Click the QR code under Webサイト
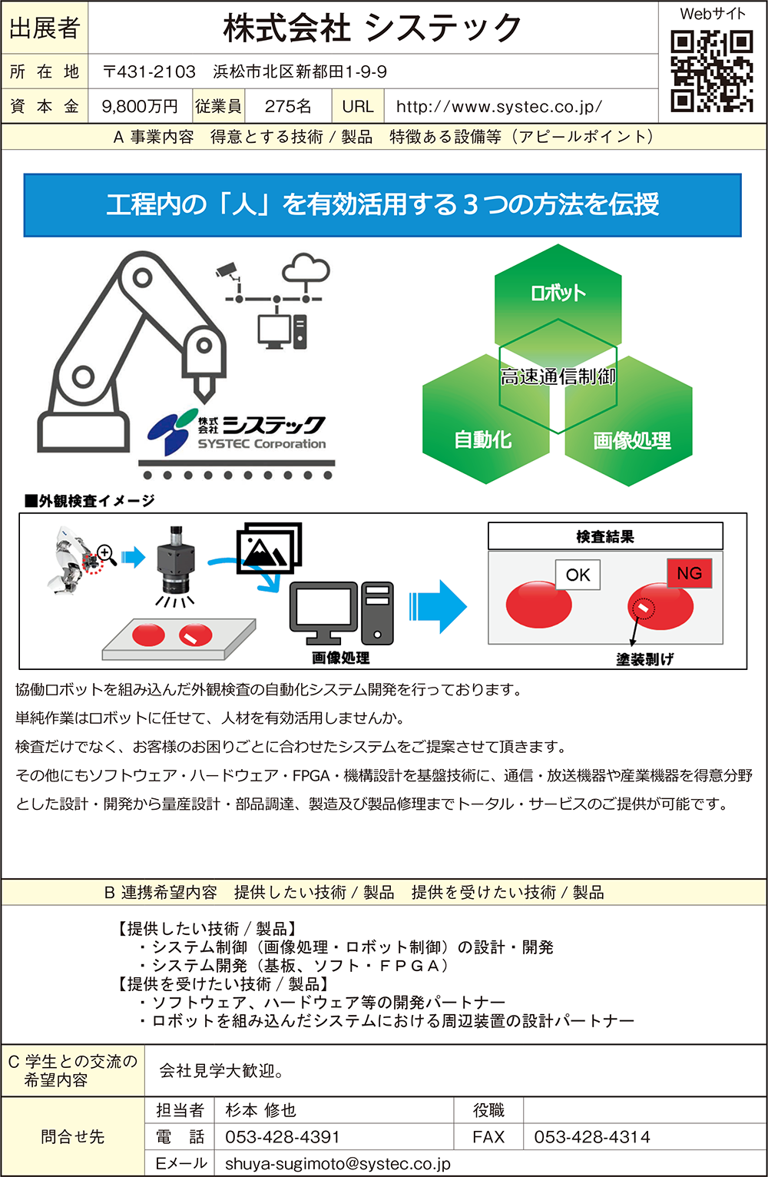[712, 71]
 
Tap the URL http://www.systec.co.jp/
[499, 107]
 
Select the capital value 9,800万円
[140, 107]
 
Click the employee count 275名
[288, 107]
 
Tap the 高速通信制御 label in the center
[558, 376]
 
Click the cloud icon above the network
[306, 269]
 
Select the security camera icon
[228, 270]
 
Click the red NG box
[689, 573]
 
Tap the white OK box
[578, 575]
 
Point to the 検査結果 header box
[605, 536]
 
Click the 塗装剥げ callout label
[644, 659]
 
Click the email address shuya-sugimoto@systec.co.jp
[338, 1164]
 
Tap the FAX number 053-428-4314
[592, 1137]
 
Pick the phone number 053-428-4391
[283, 1137]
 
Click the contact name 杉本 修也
[260, 1110]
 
